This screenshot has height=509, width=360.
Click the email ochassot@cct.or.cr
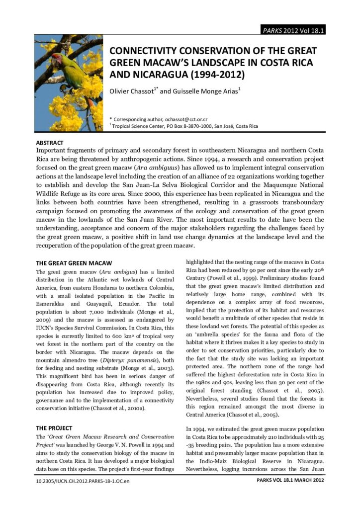pyautogui.click(x=183, y=119)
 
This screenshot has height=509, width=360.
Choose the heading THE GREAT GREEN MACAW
pyautogui.click(x=74, y=262)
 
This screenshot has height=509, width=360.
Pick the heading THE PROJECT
pyautogui.click(x=54, y=427)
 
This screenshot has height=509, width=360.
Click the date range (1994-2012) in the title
pyautogui.click(x=210, y=76)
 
